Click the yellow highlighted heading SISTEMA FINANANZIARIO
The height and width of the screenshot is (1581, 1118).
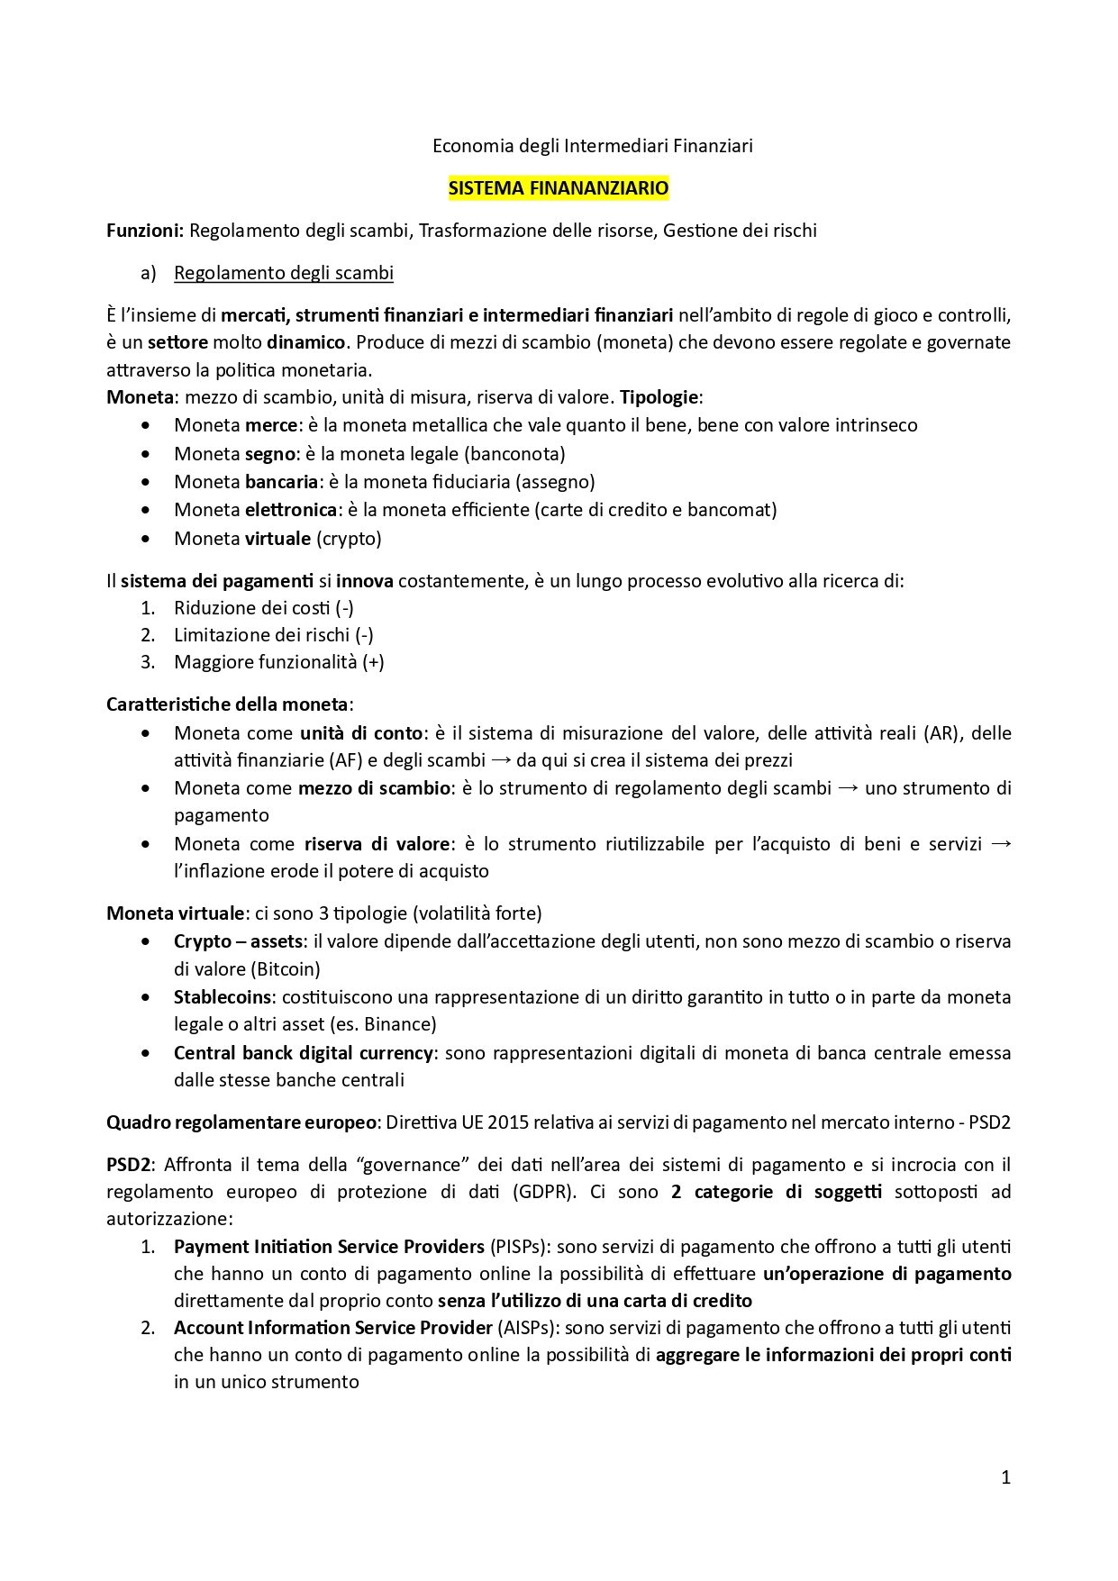click(559, 188)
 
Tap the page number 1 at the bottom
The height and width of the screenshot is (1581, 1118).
click(1005, 1477)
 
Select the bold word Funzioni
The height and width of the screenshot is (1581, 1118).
click(145, 231)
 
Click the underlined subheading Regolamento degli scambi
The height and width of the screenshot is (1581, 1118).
click(284, 273)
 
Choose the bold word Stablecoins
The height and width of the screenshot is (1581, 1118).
click(223, 997)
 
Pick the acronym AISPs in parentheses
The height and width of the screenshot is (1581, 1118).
click(527, 1328)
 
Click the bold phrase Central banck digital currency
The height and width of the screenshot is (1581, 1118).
click(304, 1053)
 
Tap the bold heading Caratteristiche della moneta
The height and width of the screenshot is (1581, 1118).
click(227, 704)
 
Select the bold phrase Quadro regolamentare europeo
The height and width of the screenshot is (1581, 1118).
click(241, 1122)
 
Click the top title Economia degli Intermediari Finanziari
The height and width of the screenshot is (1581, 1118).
click(593, 146)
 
